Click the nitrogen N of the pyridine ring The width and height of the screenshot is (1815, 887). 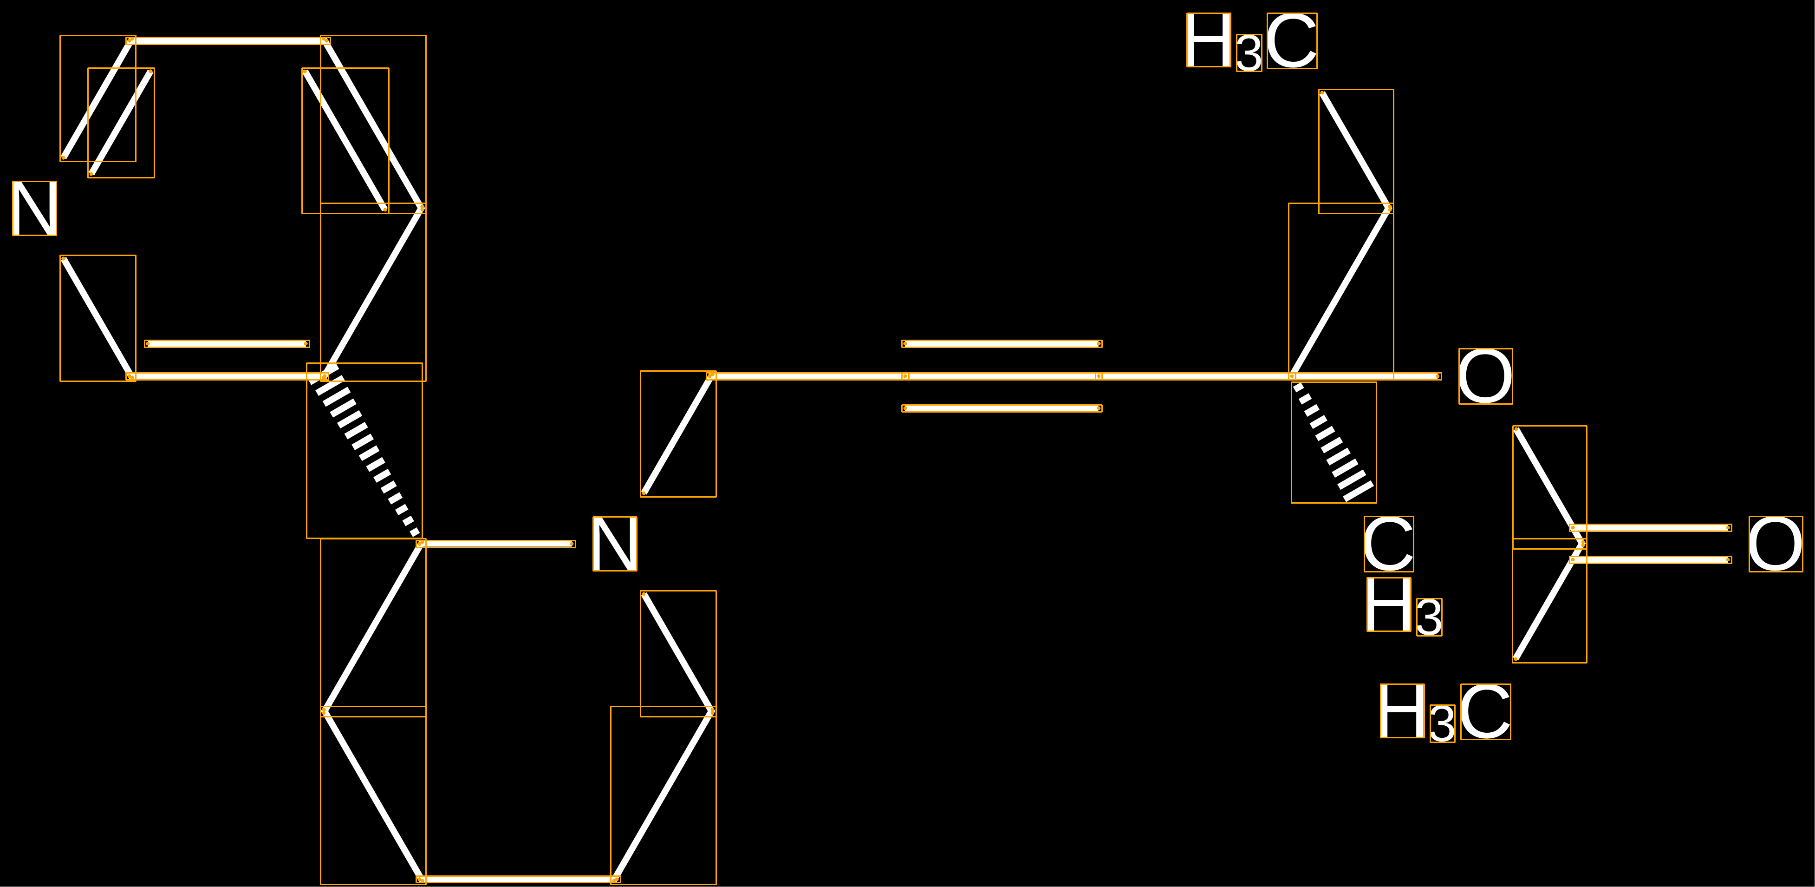[x=34, y=208]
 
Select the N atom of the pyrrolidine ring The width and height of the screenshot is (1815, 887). [x=614, y=544]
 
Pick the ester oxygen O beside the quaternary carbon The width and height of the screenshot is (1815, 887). [x=1484, y=376]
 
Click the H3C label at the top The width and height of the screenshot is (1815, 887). [x=1251, y=41]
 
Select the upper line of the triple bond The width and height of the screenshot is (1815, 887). [x=1002, y=344]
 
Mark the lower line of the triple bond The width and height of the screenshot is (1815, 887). [x=1002, y=408]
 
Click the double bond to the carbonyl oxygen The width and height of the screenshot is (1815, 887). [x=1651, y=544]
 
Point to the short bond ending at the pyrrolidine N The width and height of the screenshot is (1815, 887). [x=497, y=544]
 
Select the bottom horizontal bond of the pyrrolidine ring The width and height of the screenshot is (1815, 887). [x=518, y=879]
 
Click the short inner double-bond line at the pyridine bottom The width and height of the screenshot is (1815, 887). [x=227, y=344]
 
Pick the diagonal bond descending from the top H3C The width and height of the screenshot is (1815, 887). [x=1355, y=150]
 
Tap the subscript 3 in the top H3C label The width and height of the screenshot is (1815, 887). [x=1249, y=53]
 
